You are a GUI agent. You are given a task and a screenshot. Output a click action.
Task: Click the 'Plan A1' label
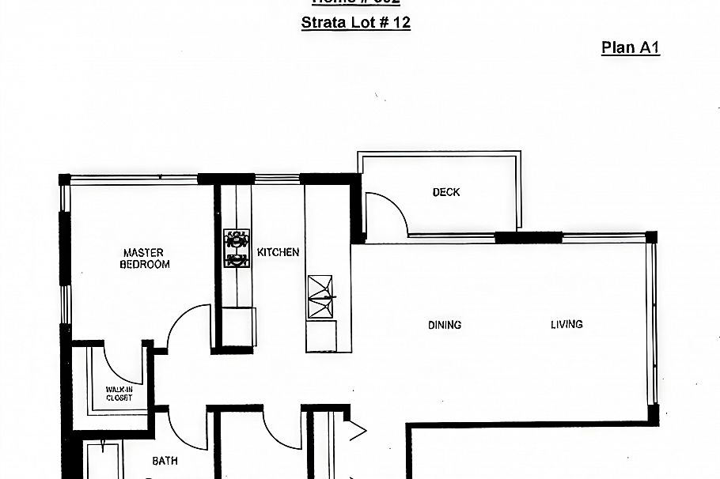(x=630, y=47)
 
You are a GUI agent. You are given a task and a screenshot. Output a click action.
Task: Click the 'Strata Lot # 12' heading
(x=355, y=22)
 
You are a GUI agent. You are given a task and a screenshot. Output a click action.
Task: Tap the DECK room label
(x=446, y=192)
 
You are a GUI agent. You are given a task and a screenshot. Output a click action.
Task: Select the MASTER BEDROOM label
(x=144, y=258)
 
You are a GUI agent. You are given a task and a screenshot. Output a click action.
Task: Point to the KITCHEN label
(x=279, y=253)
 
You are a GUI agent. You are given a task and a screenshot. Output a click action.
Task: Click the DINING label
(x=445, y=325)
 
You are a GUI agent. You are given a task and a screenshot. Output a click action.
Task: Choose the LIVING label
(x=567, y=324)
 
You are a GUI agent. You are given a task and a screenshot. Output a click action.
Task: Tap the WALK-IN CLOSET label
(x=119, y=393)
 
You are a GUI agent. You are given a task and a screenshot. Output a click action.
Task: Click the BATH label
(x=165, y=461)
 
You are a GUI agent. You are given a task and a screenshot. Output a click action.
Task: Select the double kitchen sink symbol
(x=321, y=296)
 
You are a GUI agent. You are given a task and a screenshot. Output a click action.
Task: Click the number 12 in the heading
(x=401, y=22)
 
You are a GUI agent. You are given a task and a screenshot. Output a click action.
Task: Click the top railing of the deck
(x=439, y=153)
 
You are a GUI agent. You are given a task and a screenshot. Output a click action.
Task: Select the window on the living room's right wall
(x=652, y=324)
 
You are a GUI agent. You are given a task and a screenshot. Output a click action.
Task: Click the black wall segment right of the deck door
(x=529, y=237)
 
